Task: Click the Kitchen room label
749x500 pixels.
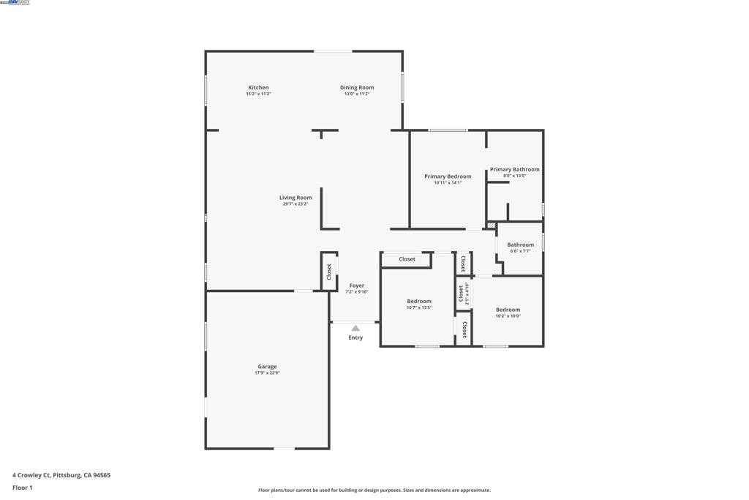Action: pos(258,88)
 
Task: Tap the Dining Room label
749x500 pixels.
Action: pos(357,88)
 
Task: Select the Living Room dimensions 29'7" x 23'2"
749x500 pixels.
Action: pos(296,204)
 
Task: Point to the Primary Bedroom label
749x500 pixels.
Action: pos(448,176)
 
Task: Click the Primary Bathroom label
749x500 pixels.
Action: pos(514,170)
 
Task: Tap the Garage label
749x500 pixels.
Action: pos(267,367)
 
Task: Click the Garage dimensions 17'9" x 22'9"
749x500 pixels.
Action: pos(267,373)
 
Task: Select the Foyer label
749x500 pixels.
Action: pos(356,286)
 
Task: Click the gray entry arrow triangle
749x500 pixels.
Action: pos(355,328)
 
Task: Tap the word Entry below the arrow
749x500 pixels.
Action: pos(355,337)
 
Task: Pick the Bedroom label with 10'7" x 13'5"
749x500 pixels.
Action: pos(419,302)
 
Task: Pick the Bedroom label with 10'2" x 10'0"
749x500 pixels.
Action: pos(508,310)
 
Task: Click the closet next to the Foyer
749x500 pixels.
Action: pos(329,272)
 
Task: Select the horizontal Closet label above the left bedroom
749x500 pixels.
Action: pos(407,259)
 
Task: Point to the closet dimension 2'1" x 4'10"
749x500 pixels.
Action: pos(467,294)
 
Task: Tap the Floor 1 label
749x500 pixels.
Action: pos(23,488)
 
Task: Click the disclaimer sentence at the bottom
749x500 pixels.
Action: pos(374,490)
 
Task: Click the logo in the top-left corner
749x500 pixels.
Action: pos(15,3)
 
